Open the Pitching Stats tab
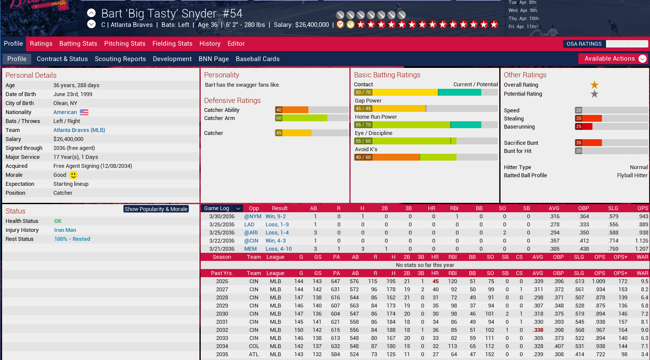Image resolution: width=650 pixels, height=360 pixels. click(x=125, y=44)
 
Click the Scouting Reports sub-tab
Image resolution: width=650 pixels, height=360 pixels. click(x=120, y=59)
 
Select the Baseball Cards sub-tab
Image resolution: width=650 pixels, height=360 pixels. click(x=258, y=59)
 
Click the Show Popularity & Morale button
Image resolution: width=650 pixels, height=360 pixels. click(x=156, y=209)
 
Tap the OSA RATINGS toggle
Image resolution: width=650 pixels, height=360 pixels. click(x=584, y=44)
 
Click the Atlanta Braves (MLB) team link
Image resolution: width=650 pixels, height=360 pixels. click(x=79, y=130)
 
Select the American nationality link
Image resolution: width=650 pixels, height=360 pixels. click(x=65, y=112)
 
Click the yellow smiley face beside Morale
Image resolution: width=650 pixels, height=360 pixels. click(x=73, y=175)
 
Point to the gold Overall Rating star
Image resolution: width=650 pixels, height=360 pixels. click(x=594, y=85)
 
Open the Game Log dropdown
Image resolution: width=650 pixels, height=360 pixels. click(x=222, y=208)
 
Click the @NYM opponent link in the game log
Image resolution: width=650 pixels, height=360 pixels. click(x=252, y=217)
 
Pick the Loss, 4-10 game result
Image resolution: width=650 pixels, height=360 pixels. click(x=278, y=249)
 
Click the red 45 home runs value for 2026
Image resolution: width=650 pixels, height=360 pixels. click(x=435, y=281)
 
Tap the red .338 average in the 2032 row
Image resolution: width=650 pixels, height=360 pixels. click(x=538, y=330)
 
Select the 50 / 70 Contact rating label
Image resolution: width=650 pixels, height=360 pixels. click(x=363, y=92)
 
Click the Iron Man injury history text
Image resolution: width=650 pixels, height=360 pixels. click(x=65, y=230)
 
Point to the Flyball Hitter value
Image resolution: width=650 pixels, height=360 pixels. click(x=632, y=176)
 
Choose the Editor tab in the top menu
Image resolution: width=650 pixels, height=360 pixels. click(x=236, y=44)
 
